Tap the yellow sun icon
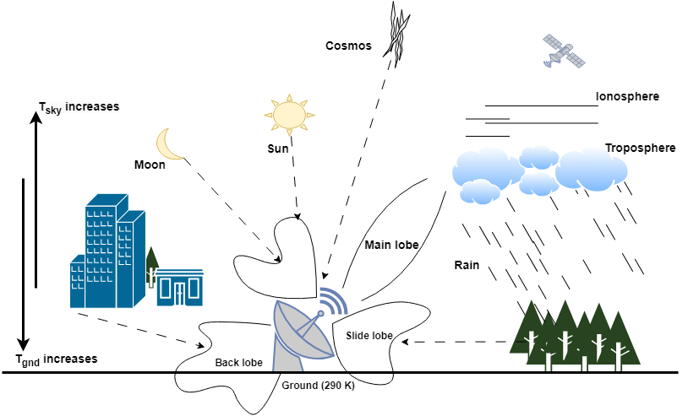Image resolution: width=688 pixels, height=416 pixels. point(287,114)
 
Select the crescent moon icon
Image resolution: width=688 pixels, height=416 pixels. point(172,144)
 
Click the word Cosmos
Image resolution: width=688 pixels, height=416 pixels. point(348,46)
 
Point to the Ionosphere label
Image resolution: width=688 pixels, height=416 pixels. point(627,96)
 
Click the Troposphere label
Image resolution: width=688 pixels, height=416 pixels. point(640,148)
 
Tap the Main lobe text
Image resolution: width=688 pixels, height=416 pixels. point(391,245)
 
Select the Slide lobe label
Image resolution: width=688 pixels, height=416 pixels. point(369,335)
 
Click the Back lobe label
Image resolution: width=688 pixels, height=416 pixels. point(238,362)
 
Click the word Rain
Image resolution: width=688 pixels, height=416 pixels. point(467,265)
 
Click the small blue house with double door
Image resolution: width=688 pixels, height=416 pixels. point(179,288)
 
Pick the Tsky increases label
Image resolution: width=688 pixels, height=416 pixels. point(79,107)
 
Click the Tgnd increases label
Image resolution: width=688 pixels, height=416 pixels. point(57,359)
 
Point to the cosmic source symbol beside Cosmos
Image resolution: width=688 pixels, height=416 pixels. point(396,35)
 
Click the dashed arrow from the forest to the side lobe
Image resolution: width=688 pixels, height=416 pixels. point(456,342)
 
